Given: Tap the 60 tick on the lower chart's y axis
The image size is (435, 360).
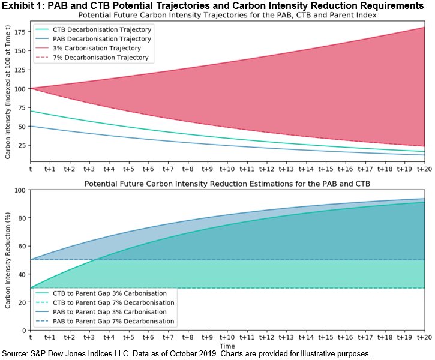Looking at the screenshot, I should pyautogui.click(x=23, y=246).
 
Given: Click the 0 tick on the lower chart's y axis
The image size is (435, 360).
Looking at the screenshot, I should pyautogui.click(x=25, y=330).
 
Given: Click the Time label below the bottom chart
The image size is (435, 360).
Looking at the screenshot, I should pyautogui.click(x=227, y=347).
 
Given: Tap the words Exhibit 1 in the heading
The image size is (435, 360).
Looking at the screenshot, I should pyautogui.click(x=24, y=5).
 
